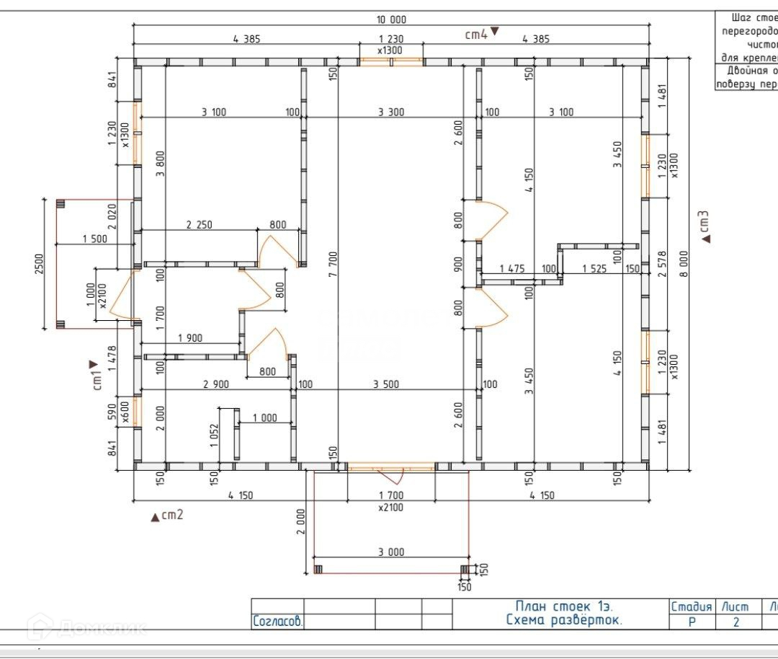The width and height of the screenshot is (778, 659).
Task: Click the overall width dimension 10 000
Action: (x=391, y=19)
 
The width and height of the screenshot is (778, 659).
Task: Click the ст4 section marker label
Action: (x=475, y=33)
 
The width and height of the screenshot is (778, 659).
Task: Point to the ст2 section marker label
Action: (x=172, y=515)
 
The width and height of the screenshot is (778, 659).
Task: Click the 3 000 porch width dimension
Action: (x=390, y=552)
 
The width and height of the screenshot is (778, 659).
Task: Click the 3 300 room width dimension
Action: (x=391, y=112)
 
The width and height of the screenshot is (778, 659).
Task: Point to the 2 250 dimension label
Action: (x=199, y=225)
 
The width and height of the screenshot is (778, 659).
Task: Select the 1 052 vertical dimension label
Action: (x=215, y=435)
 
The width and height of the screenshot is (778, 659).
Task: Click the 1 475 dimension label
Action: (x=511, y=269)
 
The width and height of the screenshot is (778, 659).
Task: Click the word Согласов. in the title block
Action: (x=277, y=621)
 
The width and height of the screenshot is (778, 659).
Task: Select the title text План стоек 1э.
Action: (x=563, y=606)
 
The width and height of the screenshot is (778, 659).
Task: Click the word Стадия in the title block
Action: (x=691, y=607)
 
